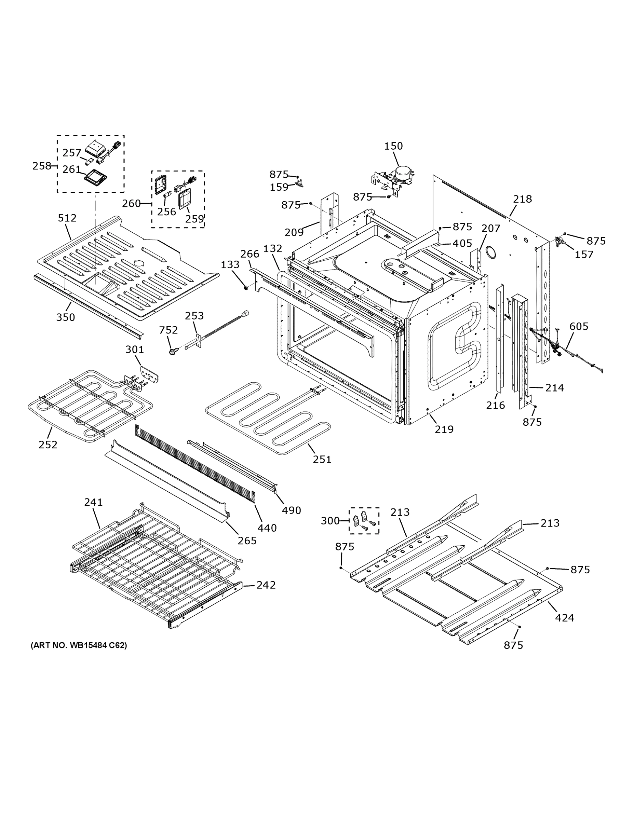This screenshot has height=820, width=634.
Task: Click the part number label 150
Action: [393, 146]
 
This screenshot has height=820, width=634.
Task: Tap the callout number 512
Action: [67, 218]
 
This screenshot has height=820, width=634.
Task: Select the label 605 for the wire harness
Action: [578, 326]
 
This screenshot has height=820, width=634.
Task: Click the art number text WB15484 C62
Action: [79, 645]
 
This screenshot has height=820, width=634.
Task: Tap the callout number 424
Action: [564, 618]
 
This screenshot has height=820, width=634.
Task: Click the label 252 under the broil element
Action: [48, 445]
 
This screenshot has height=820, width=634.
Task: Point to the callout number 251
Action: [322, 459]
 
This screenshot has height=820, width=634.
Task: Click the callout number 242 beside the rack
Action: [266, 585]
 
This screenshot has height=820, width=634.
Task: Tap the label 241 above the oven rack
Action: [93, 502]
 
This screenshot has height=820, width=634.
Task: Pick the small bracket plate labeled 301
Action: [149, 375]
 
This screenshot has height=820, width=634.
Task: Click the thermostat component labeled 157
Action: [560, 242]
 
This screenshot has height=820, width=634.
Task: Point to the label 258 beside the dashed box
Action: [41, 166]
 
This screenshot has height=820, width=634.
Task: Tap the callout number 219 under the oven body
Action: [444, 429]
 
